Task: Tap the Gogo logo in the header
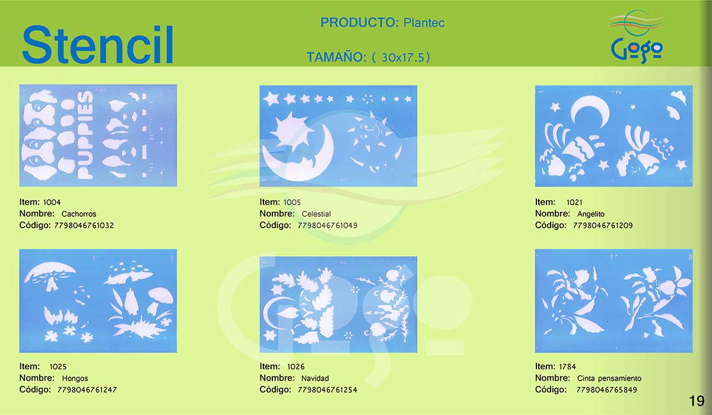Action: click(x=637, y=37)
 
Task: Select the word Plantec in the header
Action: click(x=424, y=23)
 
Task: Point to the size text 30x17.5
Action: click(x=403, y=58)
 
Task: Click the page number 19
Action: click(x=697, y=401)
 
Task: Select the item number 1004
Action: click(x=52, y=202)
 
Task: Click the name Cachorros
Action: click(x=78, y=213)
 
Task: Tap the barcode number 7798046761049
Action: click(x=328, y=225)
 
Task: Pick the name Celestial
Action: click(x=316, y=213)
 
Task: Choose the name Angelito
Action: click(x=591, y=213)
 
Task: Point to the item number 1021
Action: click(x=574, y=202)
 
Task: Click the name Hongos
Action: click(x=75, y=378)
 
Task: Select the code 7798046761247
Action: click(x=87, y=390)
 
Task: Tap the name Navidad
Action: click(x=315, y=378)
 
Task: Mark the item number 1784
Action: click(x=567, y=367)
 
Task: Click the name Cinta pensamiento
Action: click(x=609, y=378)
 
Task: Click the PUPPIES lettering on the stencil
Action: click(x=85, y=135)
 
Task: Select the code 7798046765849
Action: click(x=606, y=390)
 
